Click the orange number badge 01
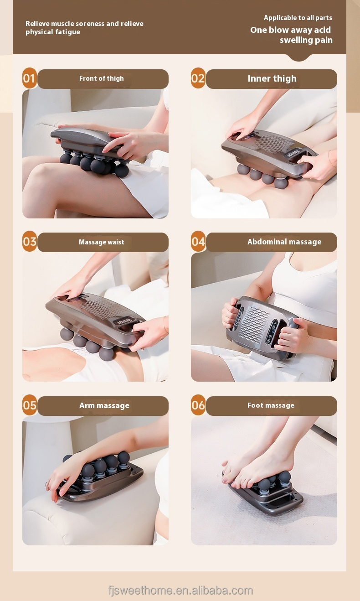[x=29, y=78]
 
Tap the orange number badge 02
[x=198, y=78]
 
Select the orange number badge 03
[x=29, y=242]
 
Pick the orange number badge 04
[x=198, y=242]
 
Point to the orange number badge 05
[x=29, y=405]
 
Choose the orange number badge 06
[x=198, y=405]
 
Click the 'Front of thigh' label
[x=102, y=78]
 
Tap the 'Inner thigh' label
[x=272, y=78]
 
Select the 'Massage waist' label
[x=102, y=242]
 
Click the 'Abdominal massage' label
[x=284, y=242]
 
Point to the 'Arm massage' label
[x=104, y=405]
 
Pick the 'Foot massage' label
[x=271, y=405]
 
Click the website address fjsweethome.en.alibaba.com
[x=180, y=591]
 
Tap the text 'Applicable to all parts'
[x=298, y=18]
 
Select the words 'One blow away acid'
[x=291, y=30]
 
